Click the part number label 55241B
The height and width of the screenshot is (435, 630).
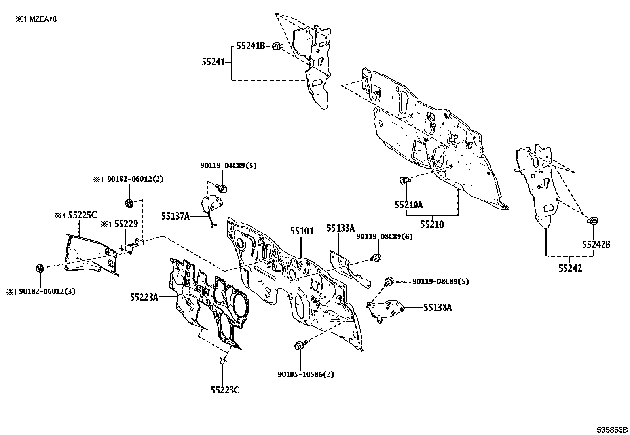250,46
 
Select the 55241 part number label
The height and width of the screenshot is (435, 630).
213,62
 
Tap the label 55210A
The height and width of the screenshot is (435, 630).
409,205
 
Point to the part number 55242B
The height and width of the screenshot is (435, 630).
596,245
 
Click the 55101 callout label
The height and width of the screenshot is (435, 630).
302,231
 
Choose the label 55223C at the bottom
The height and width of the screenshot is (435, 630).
225,390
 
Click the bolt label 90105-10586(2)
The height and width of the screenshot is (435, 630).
306,374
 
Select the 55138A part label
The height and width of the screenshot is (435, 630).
438,308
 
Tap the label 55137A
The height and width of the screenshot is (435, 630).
175,216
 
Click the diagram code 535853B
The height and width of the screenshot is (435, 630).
612,430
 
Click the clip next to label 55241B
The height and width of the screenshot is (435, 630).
277,46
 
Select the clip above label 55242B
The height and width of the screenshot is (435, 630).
592,221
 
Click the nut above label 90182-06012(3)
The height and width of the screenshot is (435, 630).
40,268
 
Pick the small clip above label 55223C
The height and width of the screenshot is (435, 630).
222,361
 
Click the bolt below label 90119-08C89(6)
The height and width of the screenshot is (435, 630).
376,257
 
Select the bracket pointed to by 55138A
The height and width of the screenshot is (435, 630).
385,311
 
